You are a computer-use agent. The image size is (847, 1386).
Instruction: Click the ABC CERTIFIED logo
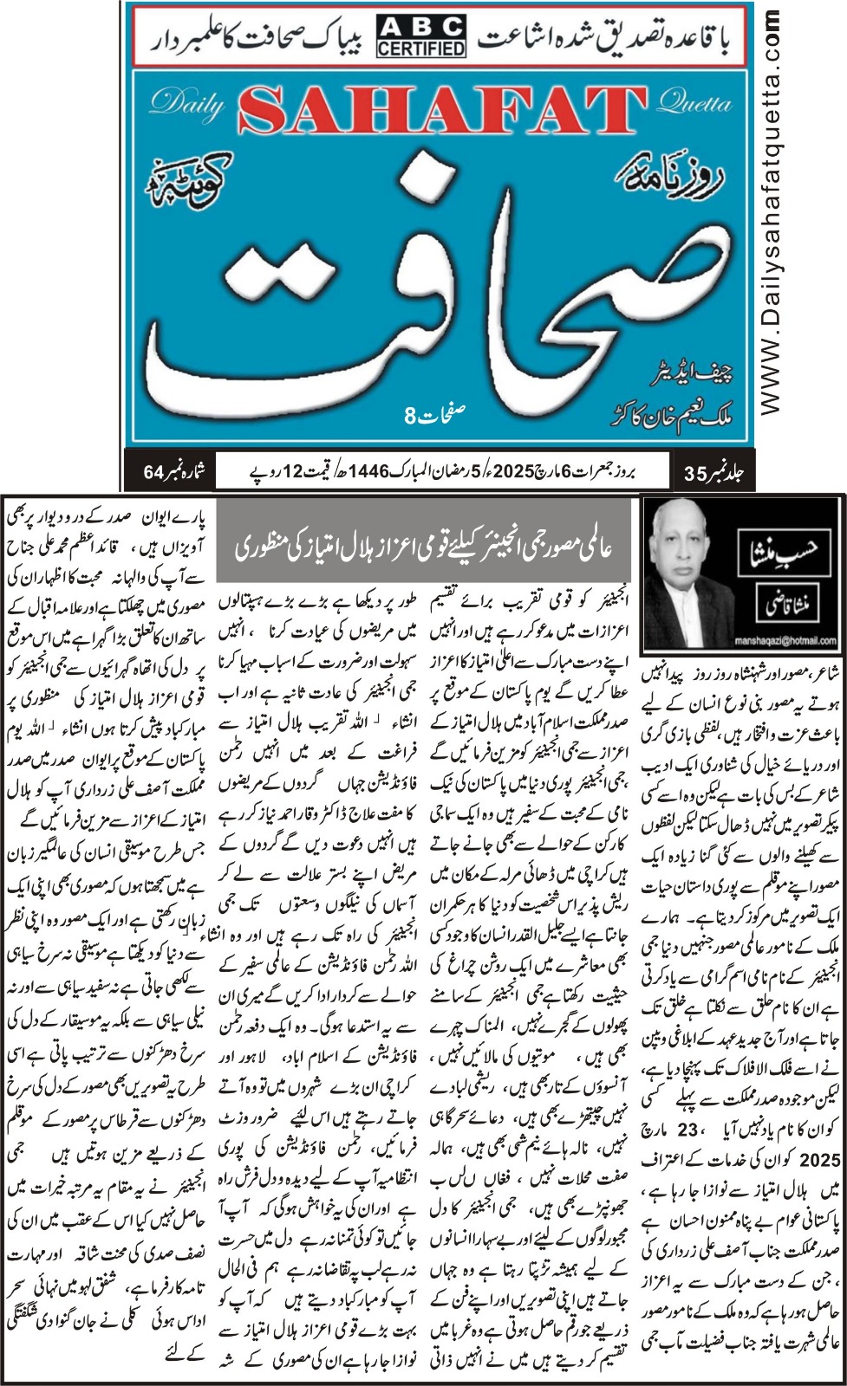tap(420, 36)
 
